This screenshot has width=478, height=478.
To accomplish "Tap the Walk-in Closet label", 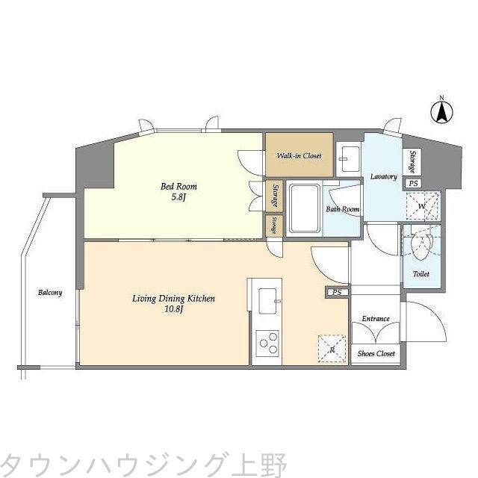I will pyautogui.click(x=299, y=156).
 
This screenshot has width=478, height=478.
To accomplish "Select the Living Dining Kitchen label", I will pyautogui.click(x=173, y=299).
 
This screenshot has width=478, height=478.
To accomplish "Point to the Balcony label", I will pyautogui.click(x=50, y=293).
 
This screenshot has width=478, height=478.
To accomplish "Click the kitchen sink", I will pyautogui.click(x=267, y=303).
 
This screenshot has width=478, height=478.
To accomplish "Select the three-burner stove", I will pyautogui.click(x=267, y=346).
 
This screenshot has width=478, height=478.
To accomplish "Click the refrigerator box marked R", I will pyautogui.click(x=332, y=347).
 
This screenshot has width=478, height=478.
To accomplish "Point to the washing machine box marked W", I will pyautogui.click(x=422, y=205).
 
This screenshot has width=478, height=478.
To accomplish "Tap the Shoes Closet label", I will pyautogui.click(x=376, y=354).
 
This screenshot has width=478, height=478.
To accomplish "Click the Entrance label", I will pyautogui.click(x=376, y=319).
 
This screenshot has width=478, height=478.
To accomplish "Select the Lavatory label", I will pyautogui.click(x=383, y=177).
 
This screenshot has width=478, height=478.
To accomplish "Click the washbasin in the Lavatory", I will pyautogui.click(x=348, y=157).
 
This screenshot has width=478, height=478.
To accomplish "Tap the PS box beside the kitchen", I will pyautogui.click(x=337, y=293).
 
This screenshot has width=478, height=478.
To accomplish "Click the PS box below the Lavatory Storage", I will pyautogui.click(x=412, y=183).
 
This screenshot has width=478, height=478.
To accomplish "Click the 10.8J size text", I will pyautogui.click(x=173, y=311).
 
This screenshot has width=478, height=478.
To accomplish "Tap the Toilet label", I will pyautogui.click(x=420, y=274).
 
